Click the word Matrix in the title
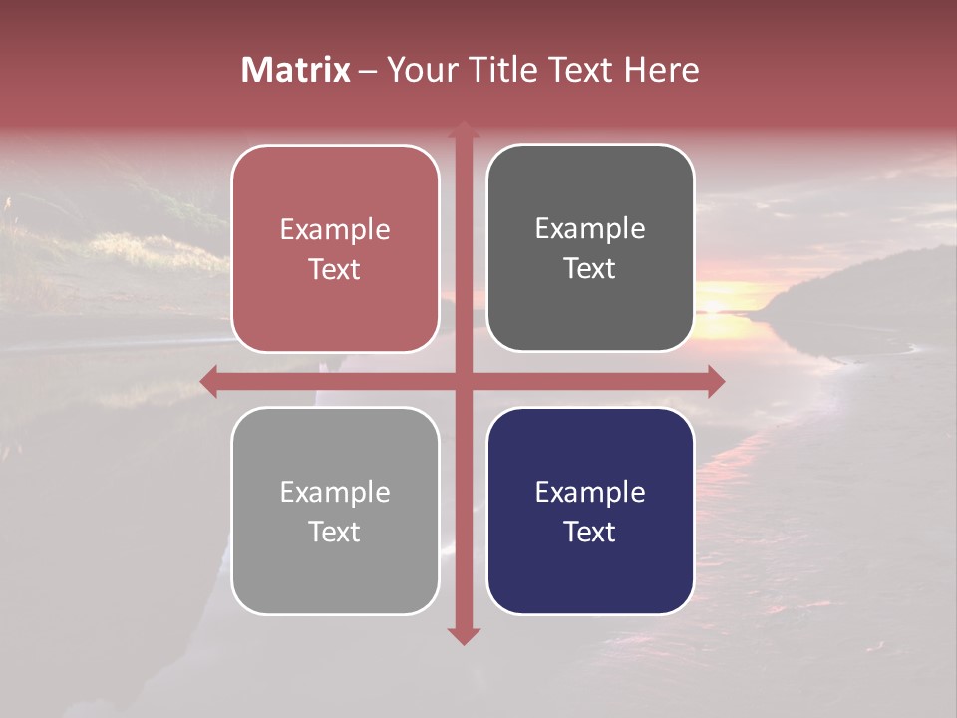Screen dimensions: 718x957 click(x=295, y=70)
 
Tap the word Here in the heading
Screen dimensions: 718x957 click(x=662, y=70)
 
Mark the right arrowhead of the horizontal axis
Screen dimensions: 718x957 click(x=716, y=381)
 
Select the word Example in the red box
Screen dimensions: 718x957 click(x=335, y=230)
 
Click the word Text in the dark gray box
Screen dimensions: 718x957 click(x=590, y=269)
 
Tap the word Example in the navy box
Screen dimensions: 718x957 click(x=590, y=493)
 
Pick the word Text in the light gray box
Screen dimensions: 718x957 click(x=335, y=533)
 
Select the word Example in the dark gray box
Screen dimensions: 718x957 click(x=590, y=229)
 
